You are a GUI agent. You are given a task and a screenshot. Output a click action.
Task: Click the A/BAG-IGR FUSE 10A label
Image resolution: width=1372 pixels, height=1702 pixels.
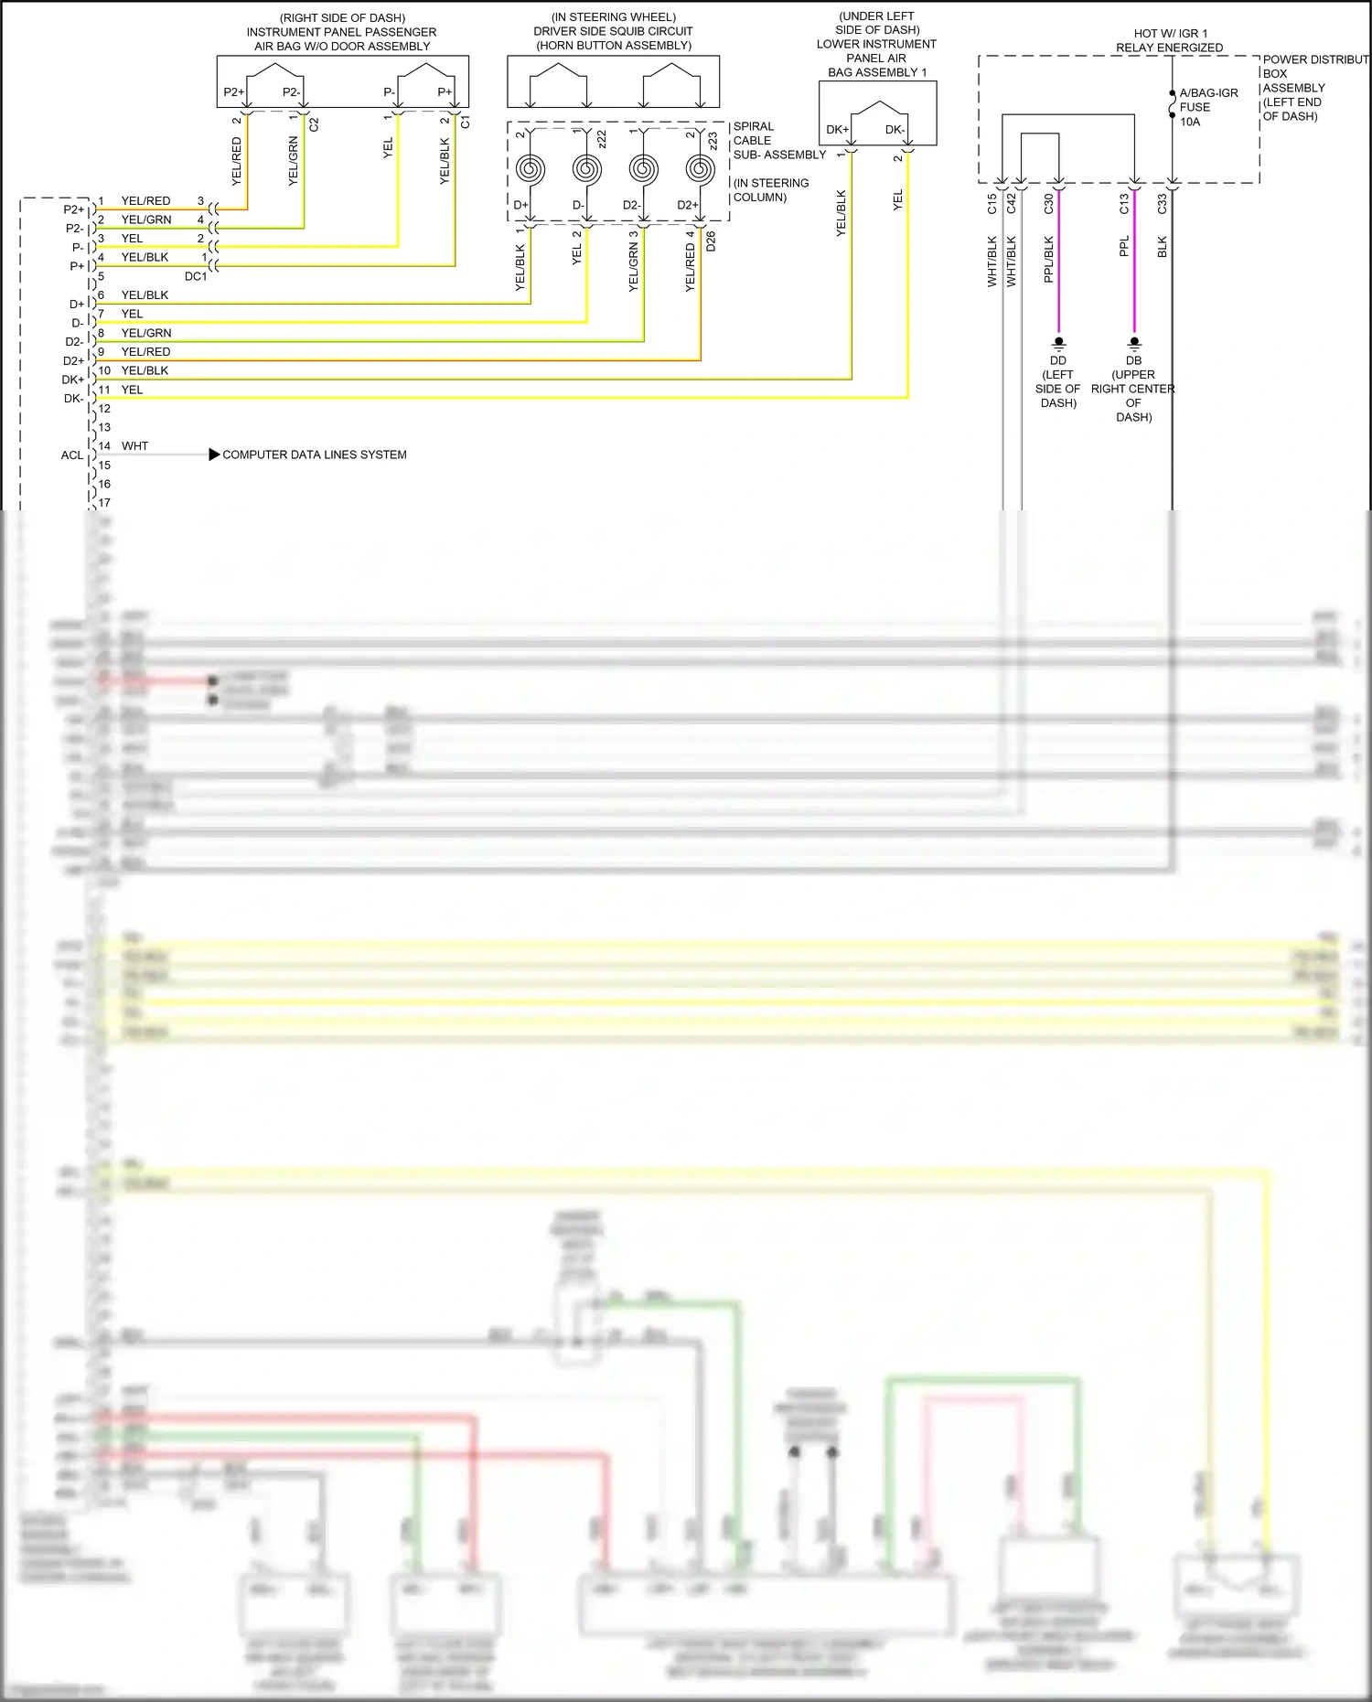click(1207, 107)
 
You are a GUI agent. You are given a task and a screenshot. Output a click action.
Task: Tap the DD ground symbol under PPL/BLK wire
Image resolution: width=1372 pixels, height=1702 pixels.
click(1058, 344)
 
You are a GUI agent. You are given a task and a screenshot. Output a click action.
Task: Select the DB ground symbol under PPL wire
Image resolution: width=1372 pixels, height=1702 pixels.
click(1134, 344)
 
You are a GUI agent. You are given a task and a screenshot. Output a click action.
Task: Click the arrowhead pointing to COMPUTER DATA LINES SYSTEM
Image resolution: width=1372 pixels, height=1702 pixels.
click(214, 455)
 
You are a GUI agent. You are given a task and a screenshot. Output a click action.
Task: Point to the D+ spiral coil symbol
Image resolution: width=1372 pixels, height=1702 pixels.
click(531, 169)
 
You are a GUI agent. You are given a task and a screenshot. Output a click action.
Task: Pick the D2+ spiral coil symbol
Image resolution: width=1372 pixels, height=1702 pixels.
click(700, 169)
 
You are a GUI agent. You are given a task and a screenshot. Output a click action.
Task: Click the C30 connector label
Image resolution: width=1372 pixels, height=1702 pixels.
click(1049, 204)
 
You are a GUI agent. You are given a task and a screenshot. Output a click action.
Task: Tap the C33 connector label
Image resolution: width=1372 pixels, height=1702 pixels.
click(1162, 204)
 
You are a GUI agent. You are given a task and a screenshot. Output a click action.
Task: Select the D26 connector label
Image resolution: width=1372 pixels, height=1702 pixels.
click(711, 241)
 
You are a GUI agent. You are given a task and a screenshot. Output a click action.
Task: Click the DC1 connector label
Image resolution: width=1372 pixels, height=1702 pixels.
click(196, 276)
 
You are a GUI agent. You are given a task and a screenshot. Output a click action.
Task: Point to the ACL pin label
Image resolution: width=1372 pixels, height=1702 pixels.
click(72, 455)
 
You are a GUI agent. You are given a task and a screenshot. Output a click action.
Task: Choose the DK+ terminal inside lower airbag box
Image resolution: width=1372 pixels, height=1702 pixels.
click(838, 130)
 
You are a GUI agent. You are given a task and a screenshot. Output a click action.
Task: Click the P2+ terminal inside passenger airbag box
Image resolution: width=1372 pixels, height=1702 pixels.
click(234, 92)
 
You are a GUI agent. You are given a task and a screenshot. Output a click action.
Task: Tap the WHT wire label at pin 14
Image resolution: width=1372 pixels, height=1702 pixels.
click(134, 446)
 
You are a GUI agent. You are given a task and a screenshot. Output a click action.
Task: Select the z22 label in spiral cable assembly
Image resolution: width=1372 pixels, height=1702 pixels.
click(602, 139)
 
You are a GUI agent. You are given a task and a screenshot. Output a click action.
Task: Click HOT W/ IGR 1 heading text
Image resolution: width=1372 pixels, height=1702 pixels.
click(1170, 33)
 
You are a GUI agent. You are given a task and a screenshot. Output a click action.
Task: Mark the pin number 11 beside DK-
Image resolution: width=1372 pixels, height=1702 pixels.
click(104, 390)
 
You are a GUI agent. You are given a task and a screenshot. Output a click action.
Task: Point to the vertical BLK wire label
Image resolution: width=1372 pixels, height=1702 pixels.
click(1162, 247)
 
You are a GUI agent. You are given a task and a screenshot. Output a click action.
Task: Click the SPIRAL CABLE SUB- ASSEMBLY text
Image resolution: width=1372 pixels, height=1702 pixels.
click(778, 141)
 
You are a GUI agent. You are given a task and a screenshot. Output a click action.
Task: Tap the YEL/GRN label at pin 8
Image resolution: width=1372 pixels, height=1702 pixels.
click(146, 333)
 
